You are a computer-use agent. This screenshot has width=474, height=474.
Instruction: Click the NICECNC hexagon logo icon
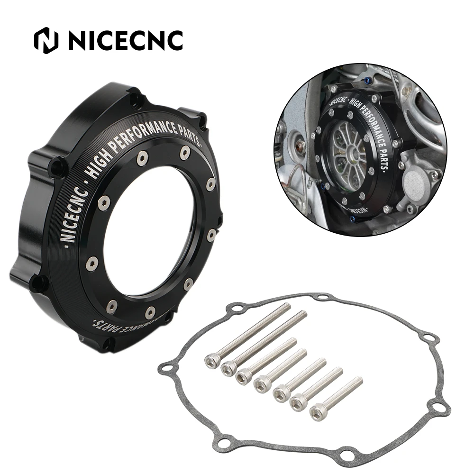click(x=46, y=41)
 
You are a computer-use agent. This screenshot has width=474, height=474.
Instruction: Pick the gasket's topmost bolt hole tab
click(x=323, y=297)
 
